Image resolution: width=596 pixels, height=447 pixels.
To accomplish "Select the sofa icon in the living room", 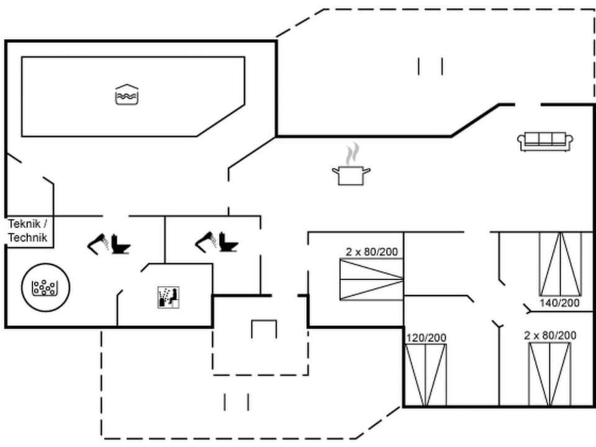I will click(x=545, y=141).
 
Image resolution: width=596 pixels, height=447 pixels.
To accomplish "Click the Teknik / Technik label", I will click(x=28, y=230).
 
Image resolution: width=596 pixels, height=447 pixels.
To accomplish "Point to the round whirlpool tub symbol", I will click(x=46, y=287).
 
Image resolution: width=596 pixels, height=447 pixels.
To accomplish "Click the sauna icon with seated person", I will click(x=168, y=296).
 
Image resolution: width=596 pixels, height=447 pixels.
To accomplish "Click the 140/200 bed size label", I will click(x=559, y=303).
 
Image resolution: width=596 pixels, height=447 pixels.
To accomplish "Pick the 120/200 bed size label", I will click(x=426, y=338).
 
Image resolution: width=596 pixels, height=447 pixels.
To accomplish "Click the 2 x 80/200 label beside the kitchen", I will click(x=371, y=252).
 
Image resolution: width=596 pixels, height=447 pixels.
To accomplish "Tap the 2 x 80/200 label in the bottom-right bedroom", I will click(x=549, y=335).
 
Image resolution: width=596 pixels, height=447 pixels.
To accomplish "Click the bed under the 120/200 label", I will click(x=426, y=374).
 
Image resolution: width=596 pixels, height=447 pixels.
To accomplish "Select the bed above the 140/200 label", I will click(x=561, y=264).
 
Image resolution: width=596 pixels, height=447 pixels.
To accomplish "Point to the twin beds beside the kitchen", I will click(x=371, y=280).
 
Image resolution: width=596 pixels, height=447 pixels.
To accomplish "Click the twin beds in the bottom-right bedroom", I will click(x=549, y=374).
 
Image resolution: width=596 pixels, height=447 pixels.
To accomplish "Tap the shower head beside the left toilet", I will click(x=99, y=243).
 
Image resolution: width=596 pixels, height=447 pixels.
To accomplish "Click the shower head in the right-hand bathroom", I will click(x=206, y=242).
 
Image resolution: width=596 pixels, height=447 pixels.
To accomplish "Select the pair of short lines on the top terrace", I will click(x=430, y=66).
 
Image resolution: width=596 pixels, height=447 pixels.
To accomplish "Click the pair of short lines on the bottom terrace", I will click(x=236, y=402).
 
